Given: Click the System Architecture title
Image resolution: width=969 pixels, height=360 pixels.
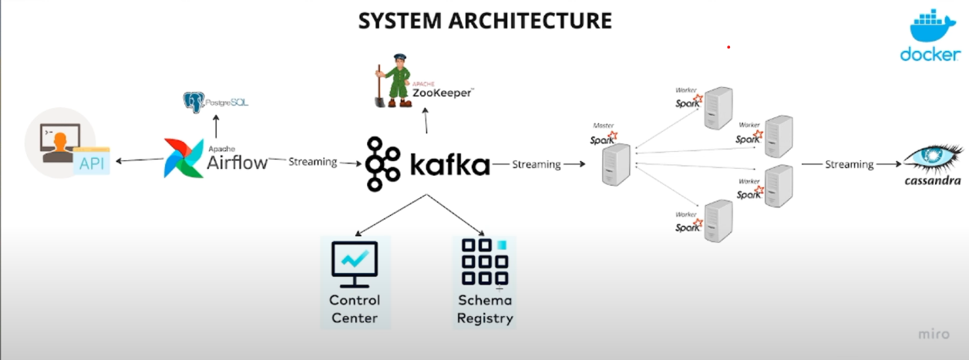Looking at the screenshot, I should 484,20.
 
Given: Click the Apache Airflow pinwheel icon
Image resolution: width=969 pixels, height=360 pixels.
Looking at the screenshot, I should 183,158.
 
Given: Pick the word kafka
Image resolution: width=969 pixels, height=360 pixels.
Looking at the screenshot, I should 449,164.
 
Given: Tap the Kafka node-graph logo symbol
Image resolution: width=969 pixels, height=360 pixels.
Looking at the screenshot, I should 384,164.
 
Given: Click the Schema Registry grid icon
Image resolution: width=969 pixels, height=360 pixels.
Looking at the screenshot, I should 484,263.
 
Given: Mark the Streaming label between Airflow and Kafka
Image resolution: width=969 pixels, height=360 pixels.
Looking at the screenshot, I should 312,162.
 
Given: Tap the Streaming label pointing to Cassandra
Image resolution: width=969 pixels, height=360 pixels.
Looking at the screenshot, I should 849,164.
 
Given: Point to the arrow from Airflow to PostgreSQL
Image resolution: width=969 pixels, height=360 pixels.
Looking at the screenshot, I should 216,126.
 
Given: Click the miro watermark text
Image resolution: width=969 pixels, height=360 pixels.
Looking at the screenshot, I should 934,335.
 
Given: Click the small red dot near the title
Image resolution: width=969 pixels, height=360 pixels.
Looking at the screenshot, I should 728,47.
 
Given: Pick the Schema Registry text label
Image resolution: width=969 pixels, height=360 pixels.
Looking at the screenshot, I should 484,309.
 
